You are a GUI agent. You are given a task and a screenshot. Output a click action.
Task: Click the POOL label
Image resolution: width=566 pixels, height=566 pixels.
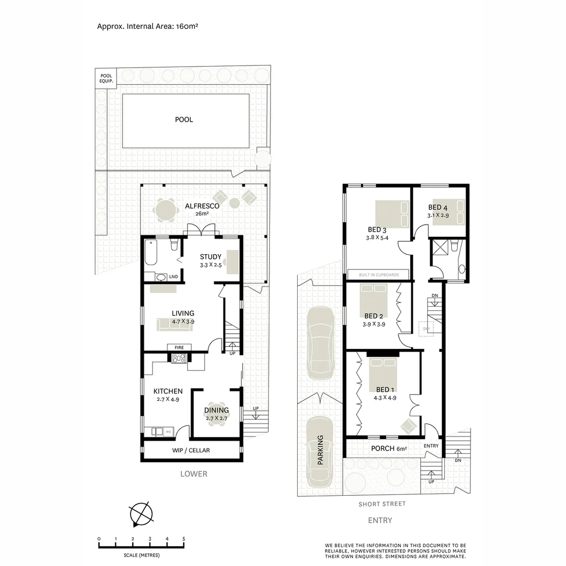[184, 119]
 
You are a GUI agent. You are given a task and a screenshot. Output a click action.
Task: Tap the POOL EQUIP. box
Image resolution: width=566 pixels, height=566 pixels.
[106, 78]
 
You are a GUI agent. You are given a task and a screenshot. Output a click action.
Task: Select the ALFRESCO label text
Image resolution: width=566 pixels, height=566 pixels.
[202, 206]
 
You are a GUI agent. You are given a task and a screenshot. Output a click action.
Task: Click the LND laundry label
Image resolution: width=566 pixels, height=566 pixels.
[173, 277]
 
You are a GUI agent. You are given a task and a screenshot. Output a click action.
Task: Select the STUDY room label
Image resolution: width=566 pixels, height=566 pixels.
[210, 257]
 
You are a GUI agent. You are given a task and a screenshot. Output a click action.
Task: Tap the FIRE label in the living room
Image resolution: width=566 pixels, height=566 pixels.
[179, 347]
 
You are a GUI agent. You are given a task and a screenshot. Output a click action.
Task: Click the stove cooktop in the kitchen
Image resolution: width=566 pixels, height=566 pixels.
[179, 358]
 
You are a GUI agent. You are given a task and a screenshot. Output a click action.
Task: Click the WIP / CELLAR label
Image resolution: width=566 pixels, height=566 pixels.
[191, 450]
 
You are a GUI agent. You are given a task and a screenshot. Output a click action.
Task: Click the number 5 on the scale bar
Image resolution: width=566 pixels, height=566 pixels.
[183, 539]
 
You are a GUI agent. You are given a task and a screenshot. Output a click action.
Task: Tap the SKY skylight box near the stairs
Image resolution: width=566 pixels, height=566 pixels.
[426, 328]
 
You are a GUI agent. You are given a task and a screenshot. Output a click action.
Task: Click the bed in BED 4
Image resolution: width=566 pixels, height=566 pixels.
[448, 212]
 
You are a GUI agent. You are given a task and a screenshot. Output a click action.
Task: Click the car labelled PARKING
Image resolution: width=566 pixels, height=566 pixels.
[320, 452]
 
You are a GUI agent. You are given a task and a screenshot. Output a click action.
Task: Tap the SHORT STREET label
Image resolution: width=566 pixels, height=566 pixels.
[382, 504]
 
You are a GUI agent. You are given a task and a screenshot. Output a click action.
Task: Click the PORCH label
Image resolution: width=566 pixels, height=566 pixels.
[383, 449]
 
